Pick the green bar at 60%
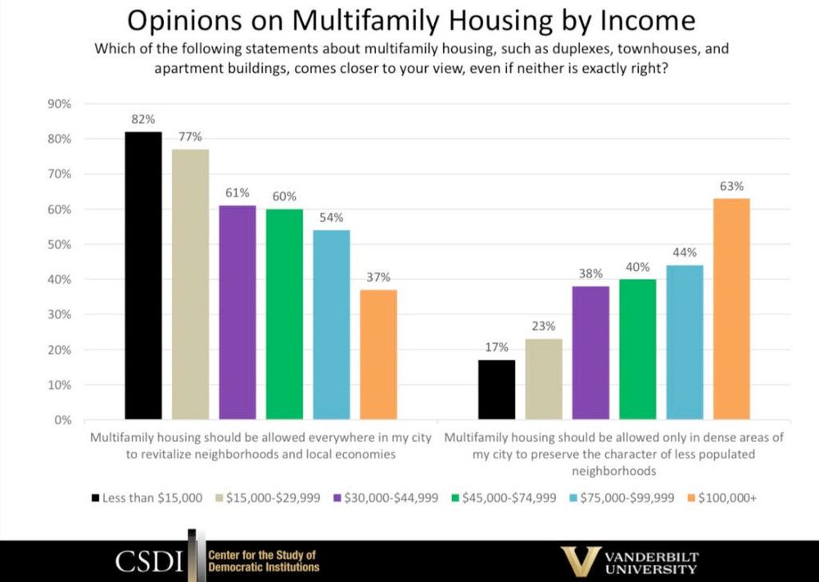[x=284, y=314]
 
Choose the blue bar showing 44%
[x=685, y=342]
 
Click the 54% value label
[x=332, y=218]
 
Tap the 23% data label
[x=544, y=326]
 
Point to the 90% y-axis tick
[x=61, y=104]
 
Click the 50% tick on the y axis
[x=61, y=245]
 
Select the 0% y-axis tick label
[x=64, y=420]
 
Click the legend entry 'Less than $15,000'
[x=147, y=497]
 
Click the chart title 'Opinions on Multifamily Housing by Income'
[x=409, y=20]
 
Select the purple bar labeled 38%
[x=590, y=353]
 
